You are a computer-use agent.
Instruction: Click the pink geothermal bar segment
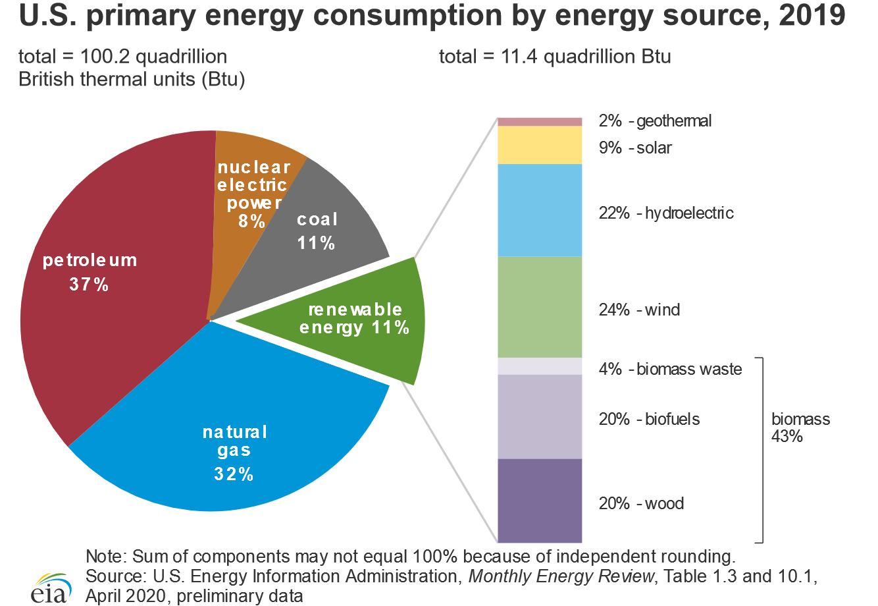tap(540, 121)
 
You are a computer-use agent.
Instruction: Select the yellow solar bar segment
tap(540, 145)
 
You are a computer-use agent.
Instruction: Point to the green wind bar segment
tap(540, 307)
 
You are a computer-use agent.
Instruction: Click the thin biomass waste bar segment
tap(540, 366)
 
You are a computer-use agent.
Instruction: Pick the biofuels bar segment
tap(540, 416)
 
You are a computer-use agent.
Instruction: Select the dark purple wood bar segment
tap(540, 501)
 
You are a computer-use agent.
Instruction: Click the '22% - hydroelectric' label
tap(665, 213)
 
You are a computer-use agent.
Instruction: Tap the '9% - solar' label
tap(634, 148)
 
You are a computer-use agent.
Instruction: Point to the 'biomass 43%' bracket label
tap(800, 427)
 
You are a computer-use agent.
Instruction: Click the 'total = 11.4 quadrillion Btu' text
tap(555, 57)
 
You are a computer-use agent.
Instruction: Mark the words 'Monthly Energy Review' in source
tap(562, 577)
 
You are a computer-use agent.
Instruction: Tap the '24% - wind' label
tap(639, 310)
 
